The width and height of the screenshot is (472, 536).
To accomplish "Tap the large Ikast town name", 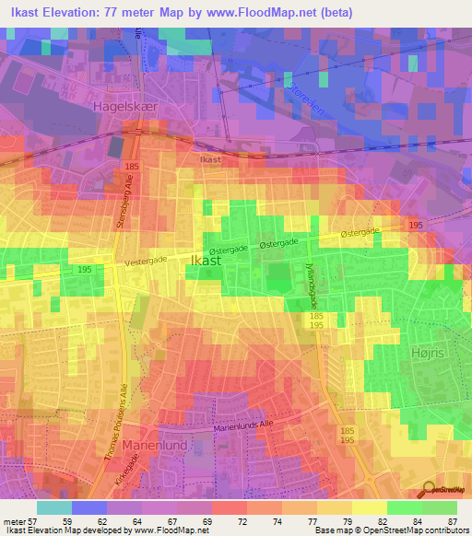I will [x=205, y=262].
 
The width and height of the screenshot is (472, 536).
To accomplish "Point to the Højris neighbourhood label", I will [x=425, y=353].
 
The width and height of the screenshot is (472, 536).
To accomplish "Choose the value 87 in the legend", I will [x=452, y=521].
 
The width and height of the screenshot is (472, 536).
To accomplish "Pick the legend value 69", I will [x=195, y=521].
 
